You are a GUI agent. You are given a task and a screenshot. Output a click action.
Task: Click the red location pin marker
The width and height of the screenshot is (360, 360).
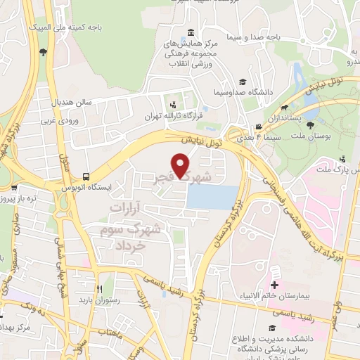[181, 165]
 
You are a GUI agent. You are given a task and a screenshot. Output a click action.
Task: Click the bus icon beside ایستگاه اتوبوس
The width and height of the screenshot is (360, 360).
[85, 176]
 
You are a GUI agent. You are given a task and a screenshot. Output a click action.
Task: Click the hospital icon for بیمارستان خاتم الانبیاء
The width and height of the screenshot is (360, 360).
[274, 285]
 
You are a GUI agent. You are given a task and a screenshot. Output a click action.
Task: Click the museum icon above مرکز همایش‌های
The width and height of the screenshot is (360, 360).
[191, 33]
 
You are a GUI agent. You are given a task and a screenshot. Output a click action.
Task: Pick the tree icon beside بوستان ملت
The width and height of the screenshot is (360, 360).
[311, 124]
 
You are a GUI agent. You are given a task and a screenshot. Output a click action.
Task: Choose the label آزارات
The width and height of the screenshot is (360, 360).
[128, 209]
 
